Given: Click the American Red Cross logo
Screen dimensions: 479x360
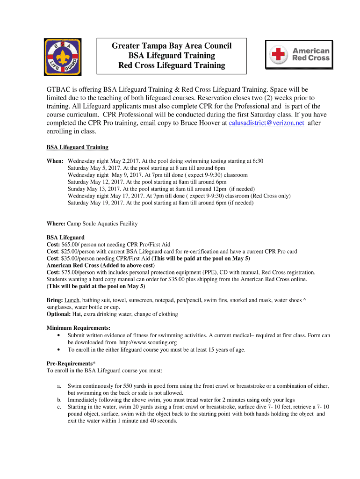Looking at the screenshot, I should tap(300, 55).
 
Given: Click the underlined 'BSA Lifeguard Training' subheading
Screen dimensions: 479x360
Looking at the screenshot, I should tap(78, 147).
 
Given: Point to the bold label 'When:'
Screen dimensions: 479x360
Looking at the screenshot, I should tap(55, 160).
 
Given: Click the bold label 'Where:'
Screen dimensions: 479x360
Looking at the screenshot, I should tap(56, 224).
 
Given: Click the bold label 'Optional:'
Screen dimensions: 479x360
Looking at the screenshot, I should tap(59, 314).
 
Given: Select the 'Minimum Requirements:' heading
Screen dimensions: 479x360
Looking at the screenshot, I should tap(79, 328).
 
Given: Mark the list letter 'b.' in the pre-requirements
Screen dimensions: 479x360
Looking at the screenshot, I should tap(59, 400).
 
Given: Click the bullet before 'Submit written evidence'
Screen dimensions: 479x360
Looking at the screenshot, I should tap(58, 335).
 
